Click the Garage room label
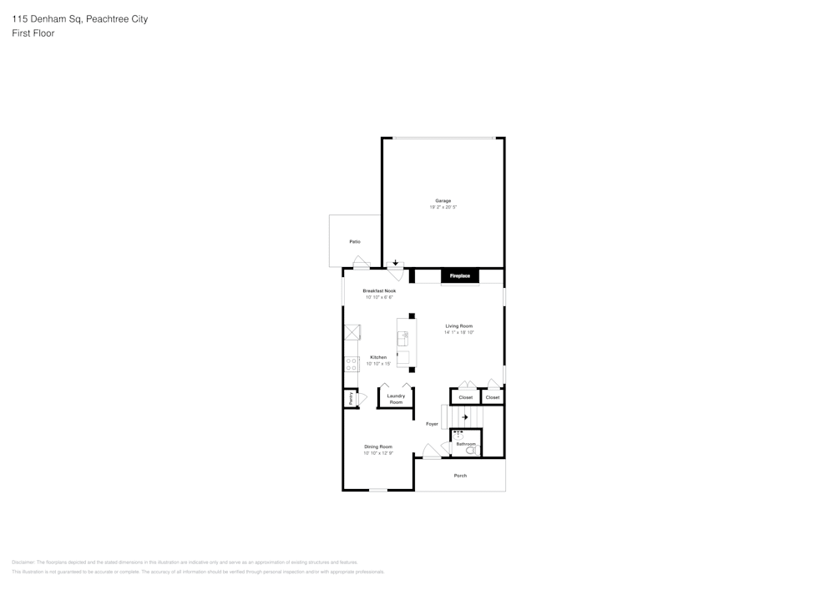443,200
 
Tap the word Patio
355,241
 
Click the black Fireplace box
460,275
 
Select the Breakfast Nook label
378,290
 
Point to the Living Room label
458,325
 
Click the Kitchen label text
378,357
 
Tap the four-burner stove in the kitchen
352,364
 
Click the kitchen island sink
403,337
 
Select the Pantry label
351,399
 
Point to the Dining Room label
377,446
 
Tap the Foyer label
432,424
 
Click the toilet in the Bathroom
470,451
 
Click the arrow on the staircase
465,416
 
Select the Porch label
460,476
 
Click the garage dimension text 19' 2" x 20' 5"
443,207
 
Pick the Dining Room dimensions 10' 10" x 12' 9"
377,453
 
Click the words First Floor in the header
33,33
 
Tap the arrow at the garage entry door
396,262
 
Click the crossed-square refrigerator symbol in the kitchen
352,332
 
